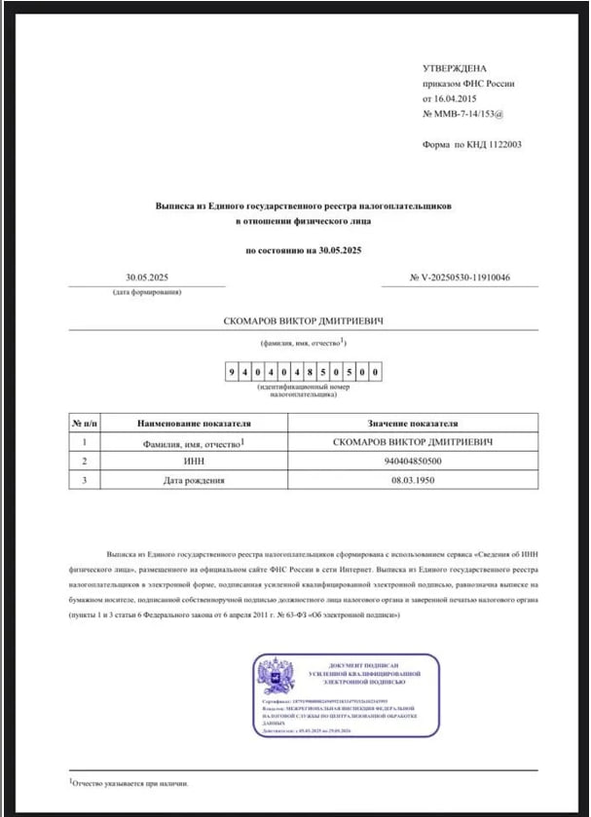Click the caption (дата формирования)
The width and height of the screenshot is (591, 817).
click(146, 292)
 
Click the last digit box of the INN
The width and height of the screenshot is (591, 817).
click(375, 373)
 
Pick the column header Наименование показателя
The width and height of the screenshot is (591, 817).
click(195, 425)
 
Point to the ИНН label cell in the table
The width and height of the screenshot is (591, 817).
click(195, 461)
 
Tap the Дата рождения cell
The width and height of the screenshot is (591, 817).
click(195, 479)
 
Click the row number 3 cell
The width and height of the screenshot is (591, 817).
click(86, 479)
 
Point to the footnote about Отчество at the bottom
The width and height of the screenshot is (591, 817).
click(129, 783)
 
